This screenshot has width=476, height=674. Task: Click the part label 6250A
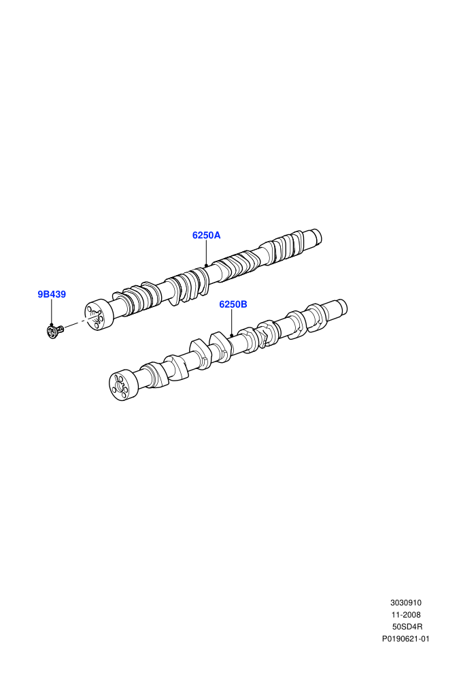[206, 235]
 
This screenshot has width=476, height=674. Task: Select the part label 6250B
[233, 304]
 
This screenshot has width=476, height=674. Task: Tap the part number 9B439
[52, 294]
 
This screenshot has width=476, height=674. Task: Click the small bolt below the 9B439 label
[55, 331]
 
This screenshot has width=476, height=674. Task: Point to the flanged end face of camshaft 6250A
[95, 317]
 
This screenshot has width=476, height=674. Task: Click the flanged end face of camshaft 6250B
[120, 386]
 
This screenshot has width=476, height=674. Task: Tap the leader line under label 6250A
[206, 253]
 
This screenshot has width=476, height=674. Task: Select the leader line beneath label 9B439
[51, 312]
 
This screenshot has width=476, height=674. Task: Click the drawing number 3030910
[405, 603]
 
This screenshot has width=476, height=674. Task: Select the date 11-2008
[405, 615]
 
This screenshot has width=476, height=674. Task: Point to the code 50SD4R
[407, 627]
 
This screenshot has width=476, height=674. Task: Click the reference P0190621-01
[405, 639]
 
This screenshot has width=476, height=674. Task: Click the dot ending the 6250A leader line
[206, 266]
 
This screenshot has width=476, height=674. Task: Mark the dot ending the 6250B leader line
[231, 335]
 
